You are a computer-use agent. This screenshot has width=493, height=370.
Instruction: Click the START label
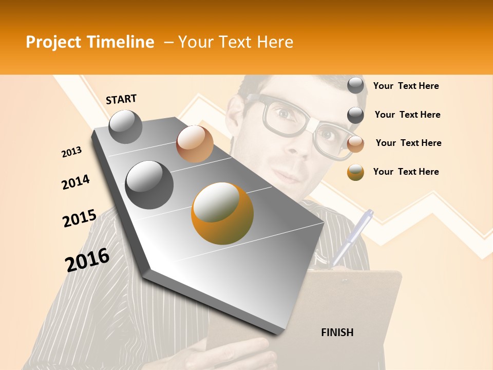[121, 99]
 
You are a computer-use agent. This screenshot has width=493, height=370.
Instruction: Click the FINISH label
[337, 332]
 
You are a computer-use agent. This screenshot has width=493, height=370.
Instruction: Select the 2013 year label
[71, 152]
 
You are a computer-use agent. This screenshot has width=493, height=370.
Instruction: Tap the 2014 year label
[75, 182]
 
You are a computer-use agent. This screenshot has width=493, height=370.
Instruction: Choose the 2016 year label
[87, 260]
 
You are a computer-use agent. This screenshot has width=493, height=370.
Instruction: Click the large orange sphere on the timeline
[222, 213]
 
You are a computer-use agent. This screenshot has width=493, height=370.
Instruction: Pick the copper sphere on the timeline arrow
[195, 143]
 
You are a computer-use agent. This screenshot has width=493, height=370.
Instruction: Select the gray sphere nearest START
[125, 127]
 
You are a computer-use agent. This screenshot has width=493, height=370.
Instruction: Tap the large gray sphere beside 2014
[149, 184]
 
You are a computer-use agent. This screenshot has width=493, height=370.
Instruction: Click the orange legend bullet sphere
[355, 173]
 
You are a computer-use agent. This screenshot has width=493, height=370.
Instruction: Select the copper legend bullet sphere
[355, 144]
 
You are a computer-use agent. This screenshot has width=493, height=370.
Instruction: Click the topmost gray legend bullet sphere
[355, 86]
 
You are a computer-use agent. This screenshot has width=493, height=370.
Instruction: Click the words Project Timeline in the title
[90, 42]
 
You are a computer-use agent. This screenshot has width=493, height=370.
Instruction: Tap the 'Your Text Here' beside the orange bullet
[406, 172]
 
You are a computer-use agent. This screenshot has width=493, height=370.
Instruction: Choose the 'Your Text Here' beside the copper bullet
[408, 143]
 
